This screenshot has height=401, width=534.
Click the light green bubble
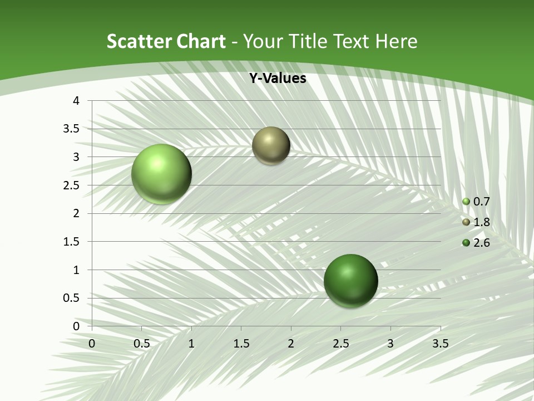pyautogui.click(x=161, y=174)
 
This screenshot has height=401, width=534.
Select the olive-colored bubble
pyautogui.click(x=271, y=145)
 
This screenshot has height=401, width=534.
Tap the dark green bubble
pyautogui.click(x=350, y=280)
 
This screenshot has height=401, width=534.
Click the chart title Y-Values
pyautogui.click(x=278, y=78)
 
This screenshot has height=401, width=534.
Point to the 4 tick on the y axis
pyautogui.click(x=76, y=101)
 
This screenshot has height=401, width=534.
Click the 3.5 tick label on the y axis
pyautogui.click(x=71, y=129)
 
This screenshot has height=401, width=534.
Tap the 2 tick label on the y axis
pyautogui.click(x=76, y=213)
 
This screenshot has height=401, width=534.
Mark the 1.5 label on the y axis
pyautogui.click(x=71, y=242)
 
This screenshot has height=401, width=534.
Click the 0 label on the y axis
pyautogui.click(x=76, y=326)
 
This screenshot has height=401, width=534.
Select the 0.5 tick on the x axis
pyautogui.click(x=141, y=344)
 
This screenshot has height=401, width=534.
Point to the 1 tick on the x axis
pyautogui.click(x=191, y=344)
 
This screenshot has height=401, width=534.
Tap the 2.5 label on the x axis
pyautogui.click(x=340, y=344)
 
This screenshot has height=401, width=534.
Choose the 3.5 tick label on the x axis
pyautogui.click(x=440, y=344)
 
